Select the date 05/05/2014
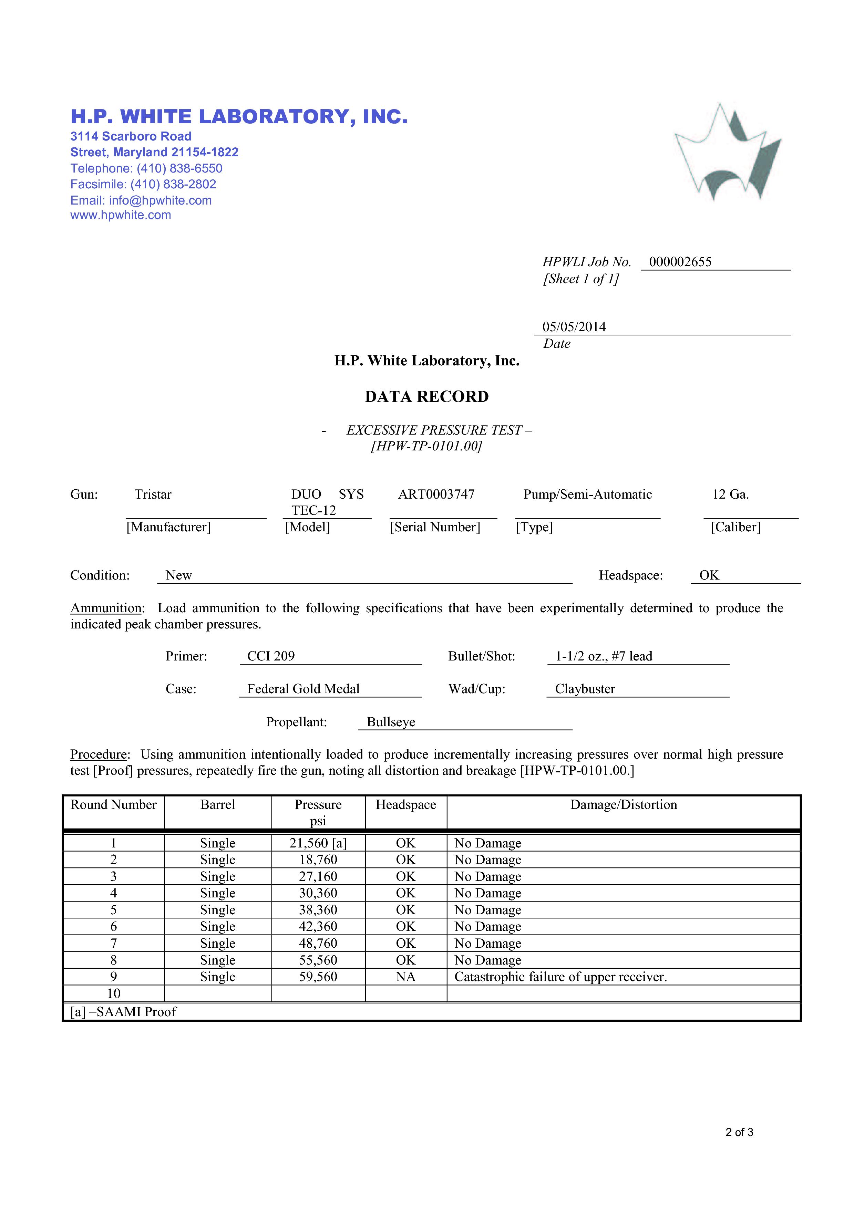574,327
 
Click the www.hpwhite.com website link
121,215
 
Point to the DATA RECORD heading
427,397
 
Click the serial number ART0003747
436,494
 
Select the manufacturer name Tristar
153,494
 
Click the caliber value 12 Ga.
730,494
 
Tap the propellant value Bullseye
391,722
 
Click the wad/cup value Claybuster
585,689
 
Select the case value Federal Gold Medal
303,689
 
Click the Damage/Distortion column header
624,805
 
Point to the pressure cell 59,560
318,977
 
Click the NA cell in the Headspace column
406,977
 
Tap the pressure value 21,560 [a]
318,843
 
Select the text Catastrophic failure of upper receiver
560,977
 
